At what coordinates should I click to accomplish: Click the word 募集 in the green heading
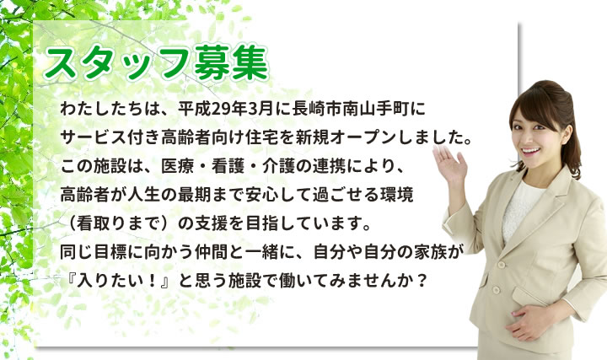pos(232,62)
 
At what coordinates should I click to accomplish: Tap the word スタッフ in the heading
pos(119,62)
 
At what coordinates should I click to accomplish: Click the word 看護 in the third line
pos(228,166)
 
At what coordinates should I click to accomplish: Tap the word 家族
pos(431,252)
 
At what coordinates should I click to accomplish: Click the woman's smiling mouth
pos(529,151)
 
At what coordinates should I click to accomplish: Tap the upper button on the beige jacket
pos(502,266)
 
